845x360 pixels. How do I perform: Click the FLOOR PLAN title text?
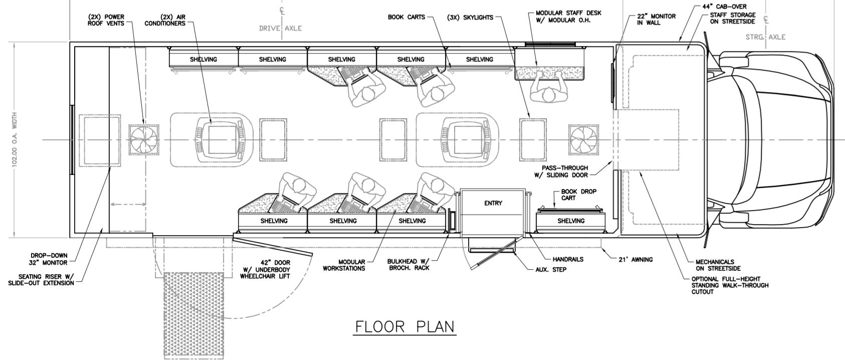point(405,326)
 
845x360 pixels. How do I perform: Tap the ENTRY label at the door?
point(493,203)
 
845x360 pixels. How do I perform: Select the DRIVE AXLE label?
point(280,29)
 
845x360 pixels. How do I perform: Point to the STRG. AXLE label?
point(765,37)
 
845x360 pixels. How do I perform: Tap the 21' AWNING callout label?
point(635,259)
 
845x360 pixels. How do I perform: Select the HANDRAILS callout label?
point(568,259)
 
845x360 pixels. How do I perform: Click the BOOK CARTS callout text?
point(406,17)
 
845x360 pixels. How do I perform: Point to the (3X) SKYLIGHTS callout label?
point(470,17)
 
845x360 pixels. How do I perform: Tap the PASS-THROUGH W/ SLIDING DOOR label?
point(564,171)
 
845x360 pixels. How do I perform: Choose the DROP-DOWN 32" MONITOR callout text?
point(48,258)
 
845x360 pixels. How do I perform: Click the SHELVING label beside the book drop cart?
point(571,221)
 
